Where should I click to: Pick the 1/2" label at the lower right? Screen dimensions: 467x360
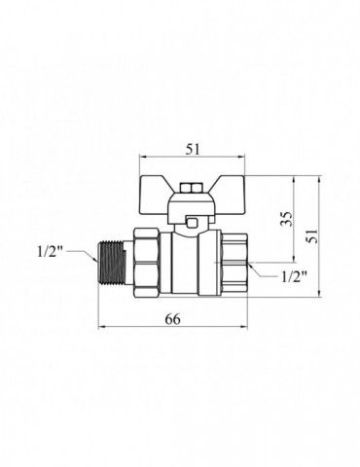click(x=294, y=276)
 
